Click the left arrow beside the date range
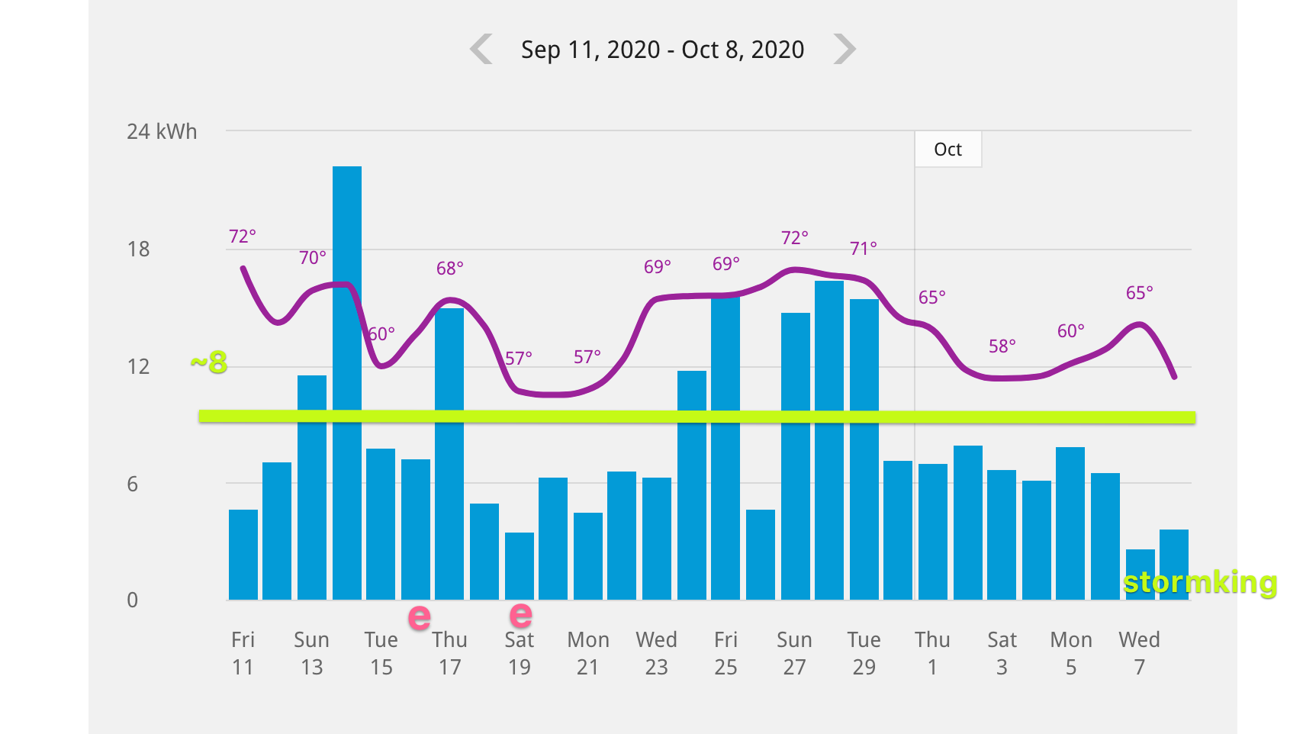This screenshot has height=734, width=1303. click(x=481, y=50)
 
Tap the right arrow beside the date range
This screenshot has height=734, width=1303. click(x=845, y=50)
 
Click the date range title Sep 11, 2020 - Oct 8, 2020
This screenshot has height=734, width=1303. click(x=662, y=50)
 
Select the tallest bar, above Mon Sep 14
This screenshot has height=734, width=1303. click(x=347, y=381)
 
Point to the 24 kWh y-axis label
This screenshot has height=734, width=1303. click(x=162, y=132)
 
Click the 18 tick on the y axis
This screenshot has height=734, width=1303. click(x=138, y=249)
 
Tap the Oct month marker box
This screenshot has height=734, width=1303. click(x=948, y=150)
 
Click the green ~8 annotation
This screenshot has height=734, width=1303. click(x=210, y=362)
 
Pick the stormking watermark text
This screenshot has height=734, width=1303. click(x=1200, y=583)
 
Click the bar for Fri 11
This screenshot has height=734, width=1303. click(x=243, y=555)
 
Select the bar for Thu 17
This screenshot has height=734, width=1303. click(x=449, y=453)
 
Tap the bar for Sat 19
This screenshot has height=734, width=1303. click(x=520, y=566)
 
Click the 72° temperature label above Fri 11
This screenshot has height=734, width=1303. click(x=243, y=237)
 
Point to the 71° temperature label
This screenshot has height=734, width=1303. click(x=864, y=249)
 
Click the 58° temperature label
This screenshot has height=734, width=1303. click(x=1002, y=346)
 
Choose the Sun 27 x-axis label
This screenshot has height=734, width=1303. click(x=794, y=653)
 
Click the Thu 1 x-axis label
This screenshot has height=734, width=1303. click(x=932, y=653)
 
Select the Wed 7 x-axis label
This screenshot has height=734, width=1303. click(x=1139, y=653)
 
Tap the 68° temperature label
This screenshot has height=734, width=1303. click(x=450, y=269)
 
